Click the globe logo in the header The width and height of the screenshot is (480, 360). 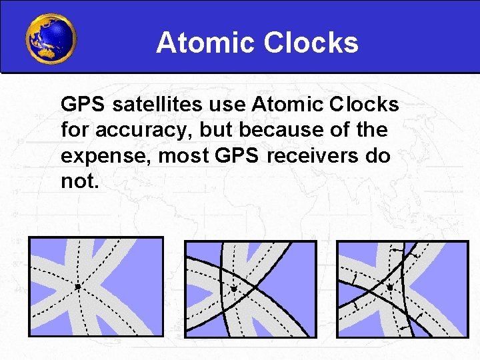point(51,38)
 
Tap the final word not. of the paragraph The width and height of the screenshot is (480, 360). point(79,180)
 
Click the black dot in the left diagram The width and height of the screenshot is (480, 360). point(78,287)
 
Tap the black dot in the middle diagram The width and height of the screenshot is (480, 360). point(234,289)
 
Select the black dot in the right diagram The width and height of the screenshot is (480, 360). point(390,287)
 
